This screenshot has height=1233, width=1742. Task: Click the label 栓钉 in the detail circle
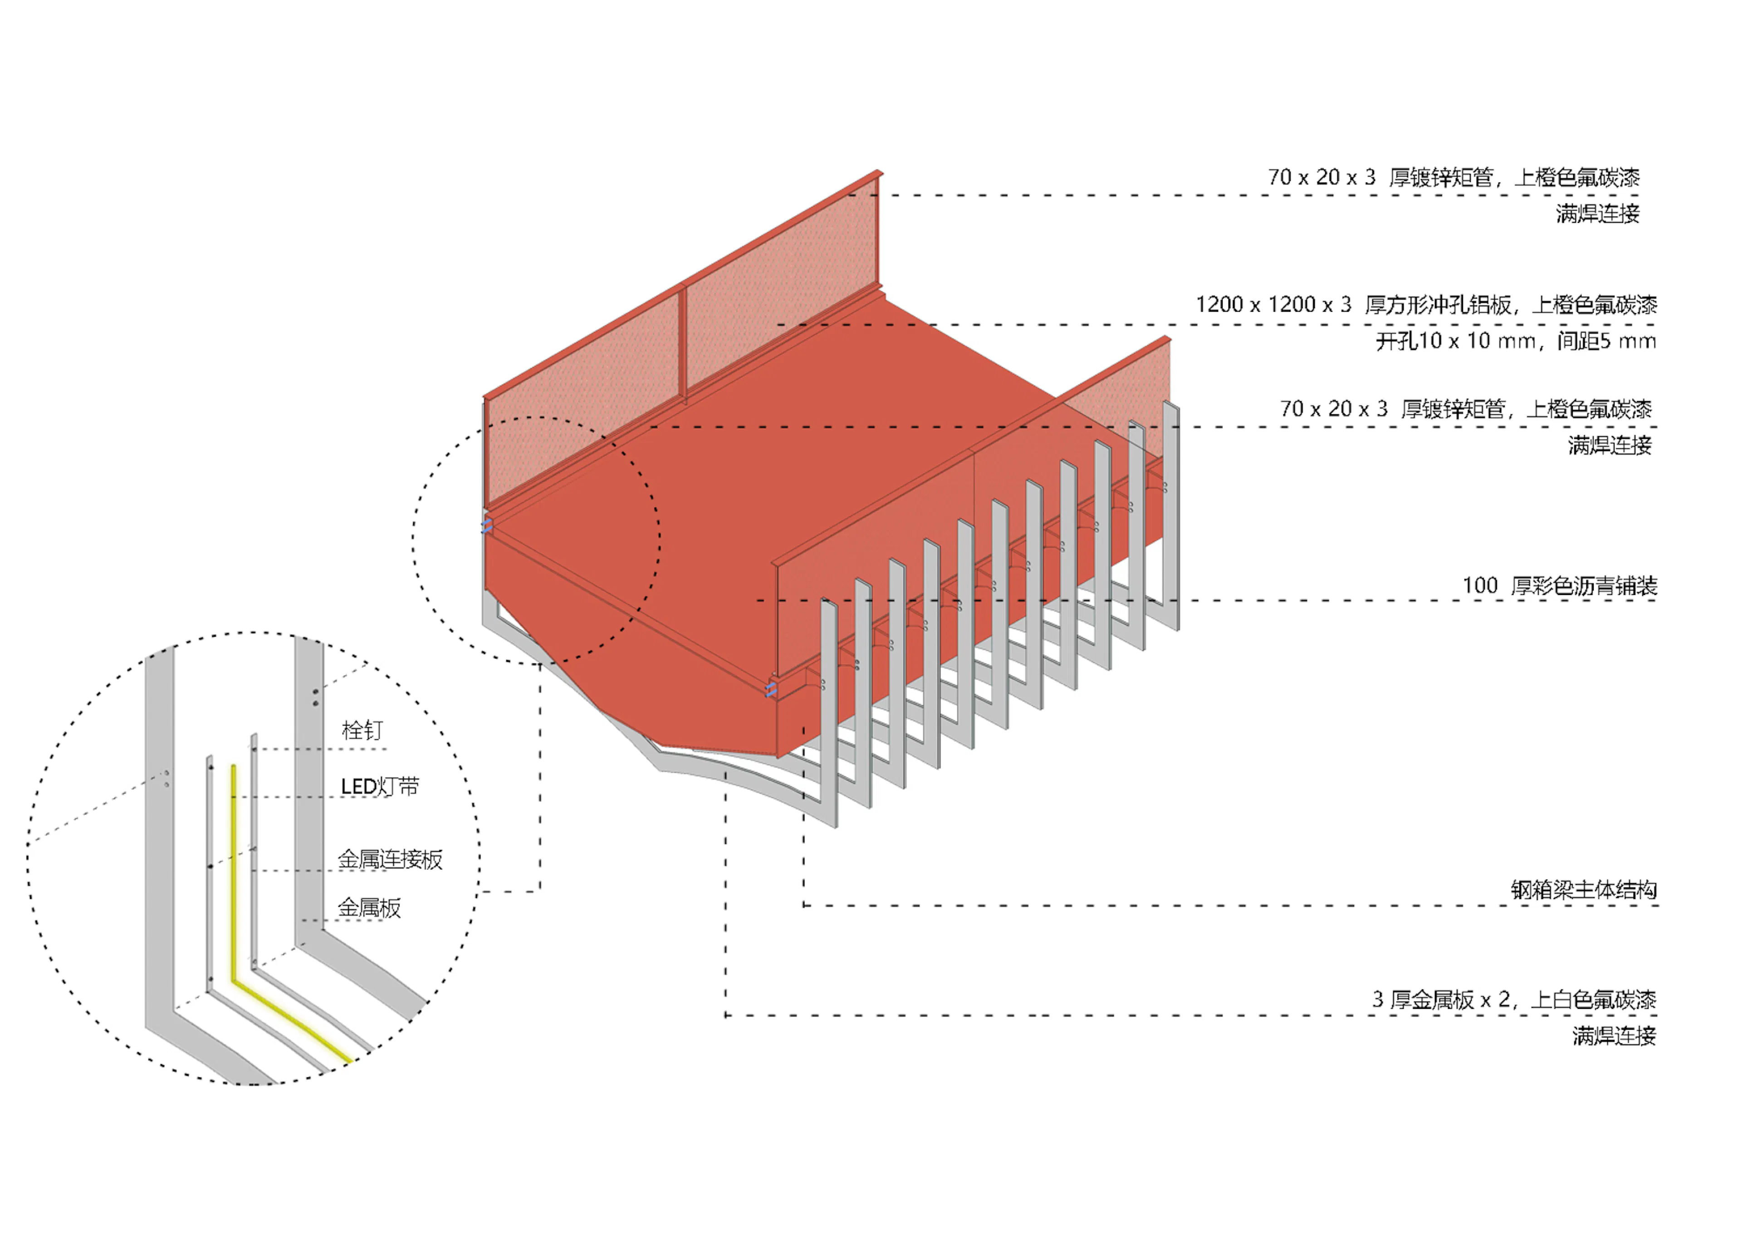pos(362,730)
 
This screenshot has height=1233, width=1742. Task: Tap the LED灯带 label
pos(380,786)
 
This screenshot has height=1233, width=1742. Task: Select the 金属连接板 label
pos(389,860)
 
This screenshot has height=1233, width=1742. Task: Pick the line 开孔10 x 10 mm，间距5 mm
pos(1516,341)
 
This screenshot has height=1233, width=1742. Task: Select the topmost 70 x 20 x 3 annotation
pos(1453,177)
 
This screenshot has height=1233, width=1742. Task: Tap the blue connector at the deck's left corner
pos(487,525)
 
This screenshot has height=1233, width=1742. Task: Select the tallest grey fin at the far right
pos(1171,516)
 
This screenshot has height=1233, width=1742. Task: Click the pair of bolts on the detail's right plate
pos(316,697)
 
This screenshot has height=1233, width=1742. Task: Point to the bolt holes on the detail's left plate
pos(166,778)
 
